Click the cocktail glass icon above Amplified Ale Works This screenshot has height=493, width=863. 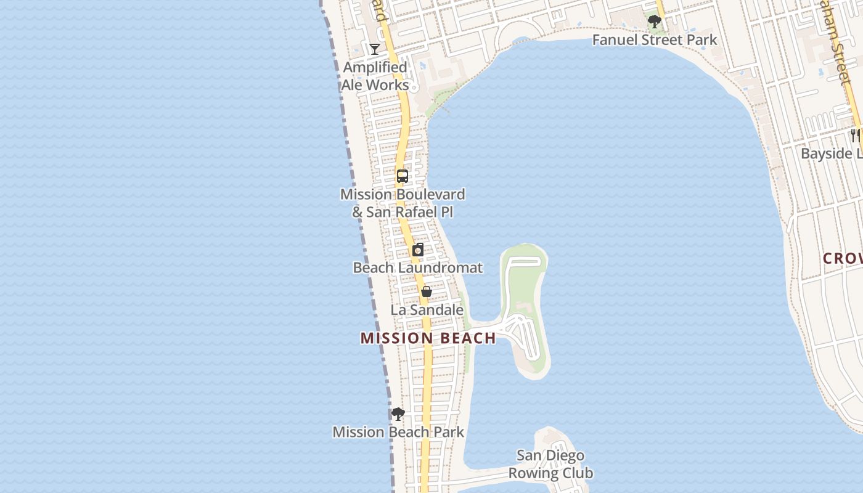click(x=374, y=49)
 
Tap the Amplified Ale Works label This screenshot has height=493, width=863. click(x=375, y=76)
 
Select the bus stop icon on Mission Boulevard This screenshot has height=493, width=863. click(x=403, y=176)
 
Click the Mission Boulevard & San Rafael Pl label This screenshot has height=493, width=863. click(x=403, y=203)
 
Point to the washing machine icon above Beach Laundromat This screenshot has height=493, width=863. click(x=418, y=250)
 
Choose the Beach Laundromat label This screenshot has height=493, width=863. click(x=417, y=268)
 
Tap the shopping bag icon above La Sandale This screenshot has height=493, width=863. click(x=426, y=291)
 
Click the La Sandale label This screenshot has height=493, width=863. click(x=427, y=309)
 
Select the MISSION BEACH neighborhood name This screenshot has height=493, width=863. click(x=428, y=338)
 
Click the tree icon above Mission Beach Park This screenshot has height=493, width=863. click(x=398, y=414)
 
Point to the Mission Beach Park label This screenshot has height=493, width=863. click(x=398, y=432)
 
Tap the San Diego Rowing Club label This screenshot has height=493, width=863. click(x=550, y=464)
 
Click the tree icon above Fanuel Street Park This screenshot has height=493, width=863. click(x=655, y=22)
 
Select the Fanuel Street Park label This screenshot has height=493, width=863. click(x=655, y=40)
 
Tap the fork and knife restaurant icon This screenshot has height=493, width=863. click(x=855, y=134)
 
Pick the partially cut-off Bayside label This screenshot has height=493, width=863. click(x=831, y=153)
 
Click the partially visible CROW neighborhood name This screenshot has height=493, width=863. click(x=842, y=259)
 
